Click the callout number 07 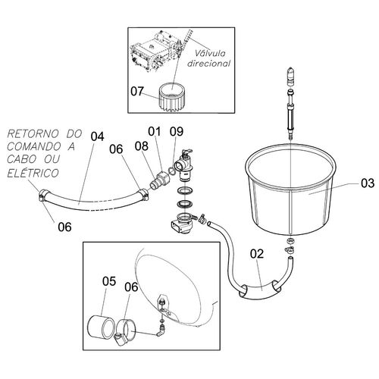137,92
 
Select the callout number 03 368,183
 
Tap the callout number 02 257,254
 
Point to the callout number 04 98,136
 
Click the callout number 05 109,281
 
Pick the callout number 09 177,131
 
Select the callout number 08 142,146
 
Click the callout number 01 155,131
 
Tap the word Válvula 210,54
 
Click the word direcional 208,63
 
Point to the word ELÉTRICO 33,173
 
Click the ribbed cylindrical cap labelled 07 173,97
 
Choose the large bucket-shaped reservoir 290,189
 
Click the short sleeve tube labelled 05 101,327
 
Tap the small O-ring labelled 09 171,171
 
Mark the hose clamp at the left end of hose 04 43,196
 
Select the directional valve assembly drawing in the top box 158,51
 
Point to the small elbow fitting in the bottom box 160,331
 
